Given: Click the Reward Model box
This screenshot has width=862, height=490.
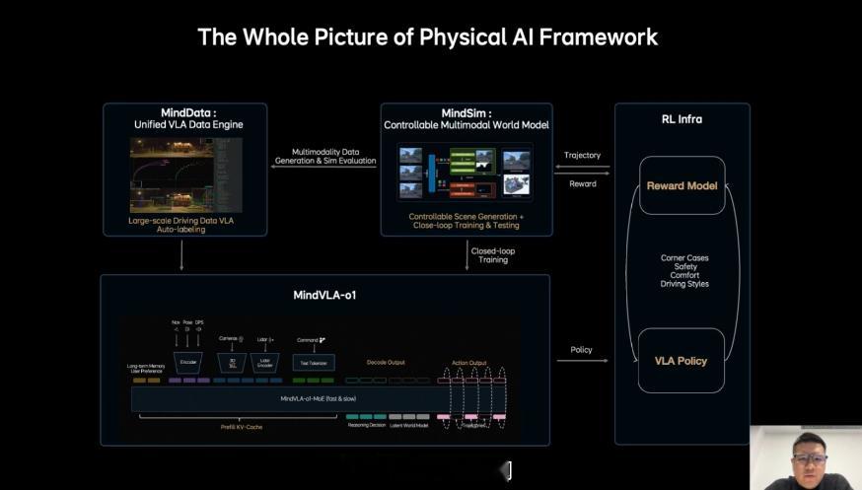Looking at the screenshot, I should [682, 185].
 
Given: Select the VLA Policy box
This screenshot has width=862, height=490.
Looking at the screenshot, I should [682, 361].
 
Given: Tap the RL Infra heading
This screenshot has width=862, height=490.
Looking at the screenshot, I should [682, 119].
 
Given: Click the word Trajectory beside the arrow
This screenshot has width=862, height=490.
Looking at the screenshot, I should [582, 156].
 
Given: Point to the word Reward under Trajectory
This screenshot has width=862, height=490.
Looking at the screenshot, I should [583, 183].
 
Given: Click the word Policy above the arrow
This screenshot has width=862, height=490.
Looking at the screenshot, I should [582, 350].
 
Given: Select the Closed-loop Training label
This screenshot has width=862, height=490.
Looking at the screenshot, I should [493, 255].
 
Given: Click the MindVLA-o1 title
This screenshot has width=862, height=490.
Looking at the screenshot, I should [324, 295].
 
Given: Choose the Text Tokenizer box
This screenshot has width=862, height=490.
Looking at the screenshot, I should [314, 363].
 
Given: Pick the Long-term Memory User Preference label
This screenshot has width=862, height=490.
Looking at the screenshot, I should [146, 368].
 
